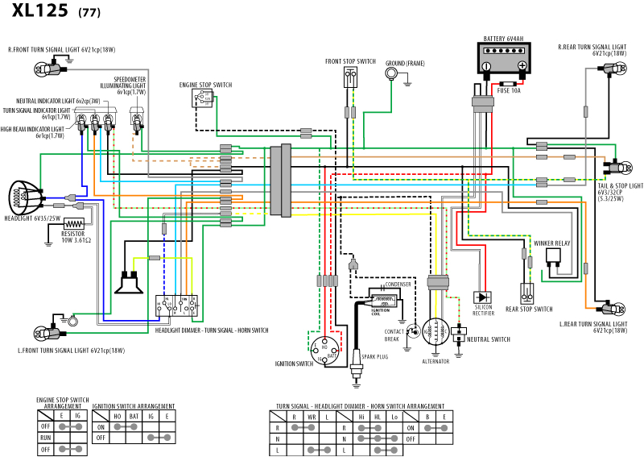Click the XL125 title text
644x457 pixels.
coord(39,13)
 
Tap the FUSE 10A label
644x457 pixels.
coord(509,91)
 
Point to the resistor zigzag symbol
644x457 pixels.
coord(73,224)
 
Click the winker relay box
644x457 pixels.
coord(555,257)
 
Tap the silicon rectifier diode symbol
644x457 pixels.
coord(483,297)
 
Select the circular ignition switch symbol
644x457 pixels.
coord(325,349)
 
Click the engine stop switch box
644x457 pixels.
coord(201,98)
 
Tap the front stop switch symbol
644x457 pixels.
coord(350,78)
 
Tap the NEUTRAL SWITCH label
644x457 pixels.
coord(490,340)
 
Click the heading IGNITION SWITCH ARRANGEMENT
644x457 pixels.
coord(133,405)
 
